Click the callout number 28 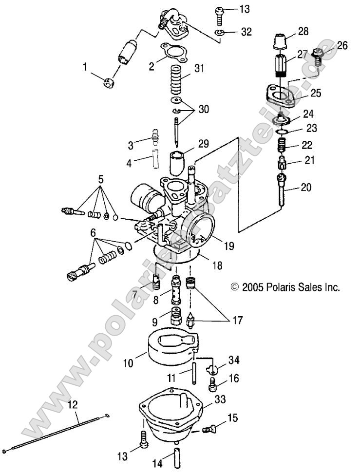click(303, 32)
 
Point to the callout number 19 click(228, 246)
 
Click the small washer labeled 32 click(220, 33)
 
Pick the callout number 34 click(233, 360)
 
